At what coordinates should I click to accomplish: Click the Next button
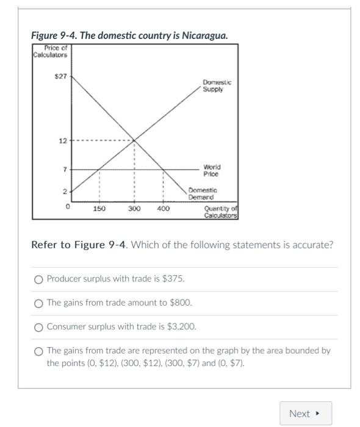(x=305, y=414)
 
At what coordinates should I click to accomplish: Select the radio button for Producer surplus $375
(x=39, y=279)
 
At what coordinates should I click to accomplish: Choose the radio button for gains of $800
(x=39, y=303)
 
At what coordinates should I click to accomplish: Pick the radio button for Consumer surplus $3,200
(x=39, y=327)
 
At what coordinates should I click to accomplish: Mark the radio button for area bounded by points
(x=39, y=351)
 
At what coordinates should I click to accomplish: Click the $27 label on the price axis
(x=61, y=77)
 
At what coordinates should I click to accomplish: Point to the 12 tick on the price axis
(x=63, y=141)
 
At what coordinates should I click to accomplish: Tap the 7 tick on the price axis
(x=65, y=169)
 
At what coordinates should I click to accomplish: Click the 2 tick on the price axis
(x=65, y=192)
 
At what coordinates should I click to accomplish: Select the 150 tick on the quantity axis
(x=99, y=209)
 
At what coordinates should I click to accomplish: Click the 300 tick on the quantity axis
(x=134, y=209)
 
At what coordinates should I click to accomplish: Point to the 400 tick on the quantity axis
(x=163, y=209)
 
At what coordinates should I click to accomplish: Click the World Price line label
(x=212, y=170)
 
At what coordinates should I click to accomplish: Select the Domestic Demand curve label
(x=201, y=194)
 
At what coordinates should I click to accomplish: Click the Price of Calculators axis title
(x=51, y=52)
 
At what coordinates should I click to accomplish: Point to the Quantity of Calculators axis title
(x=220, y=212)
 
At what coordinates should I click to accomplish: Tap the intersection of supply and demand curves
(x=134, y=141)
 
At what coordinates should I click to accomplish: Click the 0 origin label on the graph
(x=68, y=207)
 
